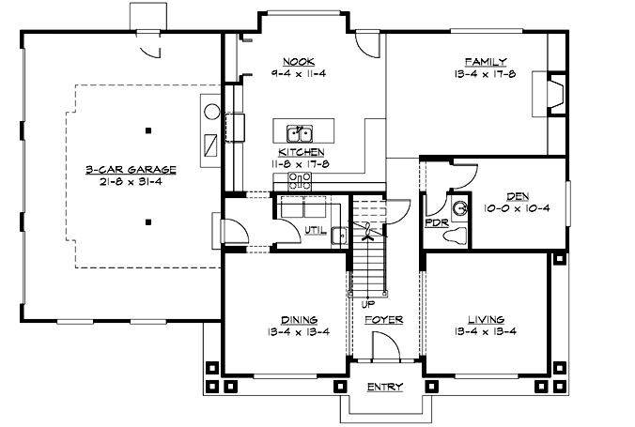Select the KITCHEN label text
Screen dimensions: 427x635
click(302, 151)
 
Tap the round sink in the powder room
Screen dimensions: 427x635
click(459, 207)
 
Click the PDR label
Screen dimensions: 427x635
click(435, 223)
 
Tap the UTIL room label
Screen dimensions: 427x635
click(316, 231)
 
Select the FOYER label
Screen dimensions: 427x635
click(384, 320)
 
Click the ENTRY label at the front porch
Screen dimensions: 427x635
click(384, 387)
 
